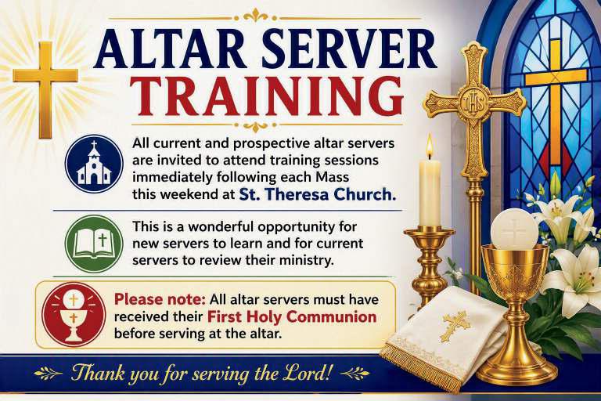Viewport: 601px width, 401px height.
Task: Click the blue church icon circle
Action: click(94, 164)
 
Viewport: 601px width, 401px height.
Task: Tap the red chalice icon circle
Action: click(74, 315)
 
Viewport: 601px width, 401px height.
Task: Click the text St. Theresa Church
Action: click(318, 194)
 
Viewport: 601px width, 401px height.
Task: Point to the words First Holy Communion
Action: click(292, 317)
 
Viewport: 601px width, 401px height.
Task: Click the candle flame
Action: click(430, 146)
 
